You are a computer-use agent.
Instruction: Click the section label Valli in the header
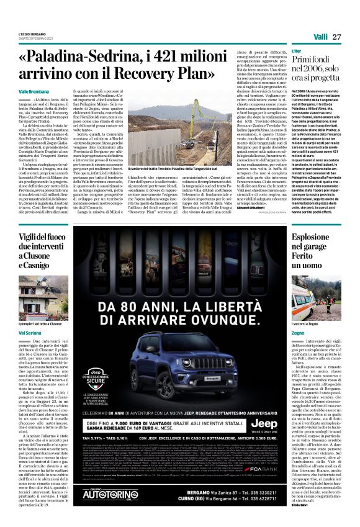[x=321, y=37]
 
